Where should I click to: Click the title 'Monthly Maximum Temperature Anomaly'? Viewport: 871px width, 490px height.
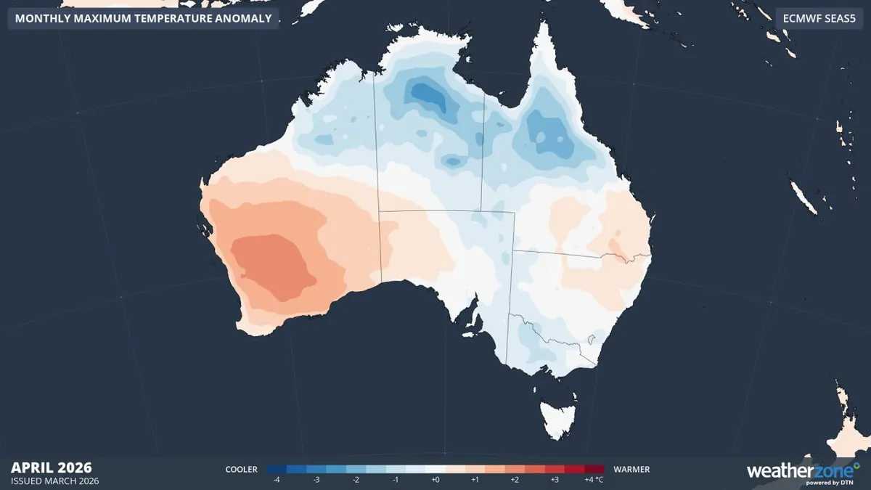click(x=143, y=19)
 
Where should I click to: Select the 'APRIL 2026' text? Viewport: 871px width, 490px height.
click(x=52, y=467)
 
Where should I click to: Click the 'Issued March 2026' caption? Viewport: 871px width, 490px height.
click(x=55, y=481)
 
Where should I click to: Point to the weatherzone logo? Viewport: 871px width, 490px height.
click(x=803, y=472)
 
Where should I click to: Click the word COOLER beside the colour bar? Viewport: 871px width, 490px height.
click(x=241, y=470)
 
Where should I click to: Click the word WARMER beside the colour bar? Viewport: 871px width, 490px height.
click(x=631, y=470)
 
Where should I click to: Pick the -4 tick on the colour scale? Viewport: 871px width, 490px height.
click(x=276, y=481)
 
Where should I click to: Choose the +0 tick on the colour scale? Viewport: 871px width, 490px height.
click(x=435, y=481)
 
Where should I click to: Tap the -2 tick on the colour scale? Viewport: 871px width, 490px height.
click(x=356, y=481)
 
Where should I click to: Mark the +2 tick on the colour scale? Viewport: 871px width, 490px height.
click(x=515, y=481)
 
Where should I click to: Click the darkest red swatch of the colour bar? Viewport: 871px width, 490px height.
click(x=594, y=470)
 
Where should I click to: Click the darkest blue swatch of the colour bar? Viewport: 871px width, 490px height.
click(x=277, y=470)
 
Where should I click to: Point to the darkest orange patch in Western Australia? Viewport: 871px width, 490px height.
click(x=272, y=265)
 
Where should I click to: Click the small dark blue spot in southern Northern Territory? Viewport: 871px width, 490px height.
click(x=452, y=161)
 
